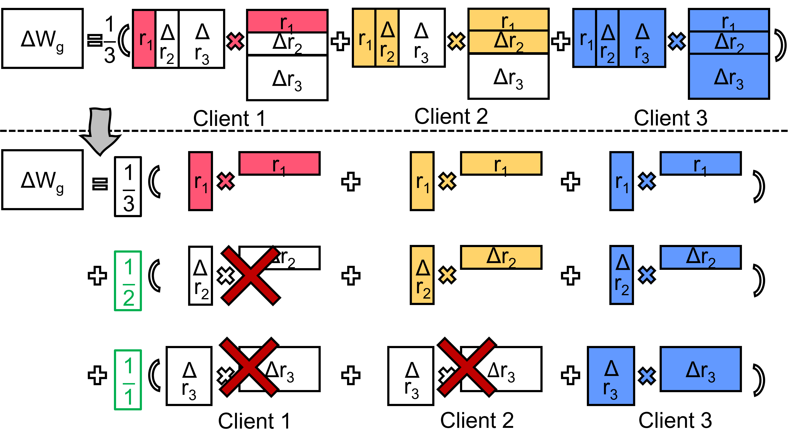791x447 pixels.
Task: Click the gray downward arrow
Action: tap(100, 130)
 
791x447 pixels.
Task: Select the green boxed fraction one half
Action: tap(128, 281)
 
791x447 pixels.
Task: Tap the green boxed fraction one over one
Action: tap(128, 380)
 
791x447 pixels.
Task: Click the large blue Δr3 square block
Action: tap(611, 376)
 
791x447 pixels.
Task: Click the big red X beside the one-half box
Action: tap(251, 276)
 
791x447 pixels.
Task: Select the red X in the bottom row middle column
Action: tap(467, 367)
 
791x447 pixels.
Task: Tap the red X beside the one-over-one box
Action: tap(249, 367)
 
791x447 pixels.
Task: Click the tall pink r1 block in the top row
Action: tap(144, 39)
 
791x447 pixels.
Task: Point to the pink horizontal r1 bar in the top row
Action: tap(287, 21)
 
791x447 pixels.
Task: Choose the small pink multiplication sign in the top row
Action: tap(235, 41)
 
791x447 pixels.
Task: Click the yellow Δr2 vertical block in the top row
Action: tap(387, 38)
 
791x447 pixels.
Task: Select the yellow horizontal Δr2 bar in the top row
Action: tap(508, 42)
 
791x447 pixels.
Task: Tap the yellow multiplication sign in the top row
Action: tap(456, 41)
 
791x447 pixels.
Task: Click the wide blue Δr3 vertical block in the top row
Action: tap(642, 38)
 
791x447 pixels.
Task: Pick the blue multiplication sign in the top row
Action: tap(677, 41)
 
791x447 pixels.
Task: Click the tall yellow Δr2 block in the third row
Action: tap(422, 275)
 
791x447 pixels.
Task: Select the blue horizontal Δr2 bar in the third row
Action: tap(701, 257)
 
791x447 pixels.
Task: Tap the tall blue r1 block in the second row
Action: tap(622, 181)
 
